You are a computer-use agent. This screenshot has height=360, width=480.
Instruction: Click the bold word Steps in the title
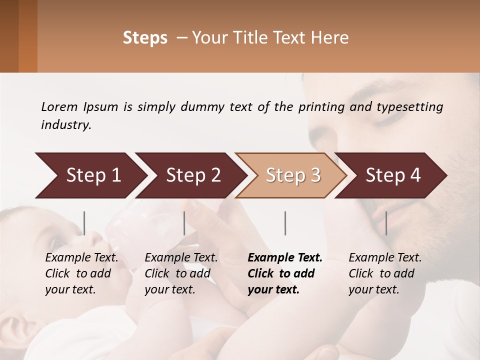(x=145, y=38)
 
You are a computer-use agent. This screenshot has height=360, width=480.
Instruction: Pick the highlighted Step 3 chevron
(x=293, y=175)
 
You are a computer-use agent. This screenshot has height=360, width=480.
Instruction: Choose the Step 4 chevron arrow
(x=393, y=175)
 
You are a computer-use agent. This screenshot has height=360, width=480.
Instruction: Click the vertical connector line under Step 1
(x=84, y=223)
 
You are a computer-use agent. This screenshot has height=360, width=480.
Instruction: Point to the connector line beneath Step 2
(x=184, y=223)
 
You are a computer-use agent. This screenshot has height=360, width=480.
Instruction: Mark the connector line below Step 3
(x=285, y=223)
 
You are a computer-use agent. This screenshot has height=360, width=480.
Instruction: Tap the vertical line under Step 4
(x=386, y=223)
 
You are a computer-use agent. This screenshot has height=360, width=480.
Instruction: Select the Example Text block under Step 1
(x=81, y=273)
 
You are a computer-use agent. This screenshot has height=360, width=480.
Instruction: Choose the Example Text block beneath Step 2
(x=181, y=273)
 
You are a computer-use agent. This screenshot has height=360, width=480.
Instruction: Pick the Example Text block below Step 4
(x=385, y=273)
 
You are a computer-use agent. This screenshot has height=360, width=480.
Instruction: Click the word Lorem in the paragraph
(x=59, y=106)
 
